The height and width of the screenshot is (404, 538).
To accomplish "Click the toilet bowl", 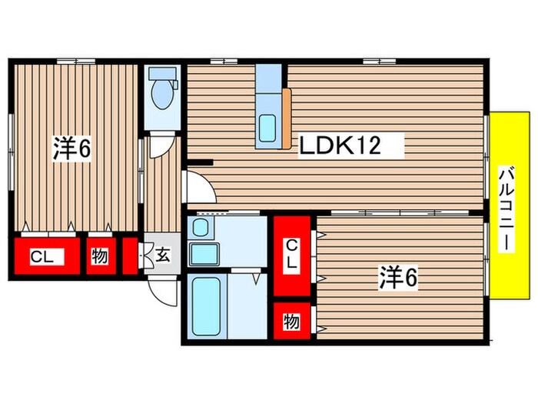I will (x=161, y=96).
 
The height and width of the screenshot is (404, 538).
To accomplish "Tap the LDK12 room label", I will (x=340, y=145).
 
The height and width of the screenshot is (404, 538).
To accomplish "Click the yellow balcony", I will (x=510, y=206).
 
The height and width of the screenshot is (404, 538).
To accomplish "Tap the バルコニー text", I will (x=506, y=208).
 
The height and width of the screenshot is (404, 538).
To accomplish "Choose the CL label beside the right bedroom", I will (x=292, y=254).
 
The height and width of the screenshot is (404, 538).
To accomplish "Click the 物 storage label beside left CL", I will (x=99, y=257).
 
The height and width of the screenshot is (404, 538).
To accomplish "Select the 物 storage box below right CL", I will (x=292, y=320).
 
